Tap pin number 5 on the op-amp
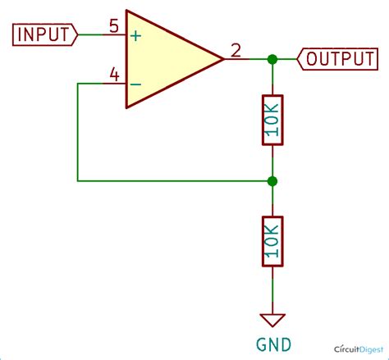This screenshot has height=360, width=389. [114, 25]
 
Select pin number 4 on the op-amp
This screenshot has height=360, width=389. [114, 75]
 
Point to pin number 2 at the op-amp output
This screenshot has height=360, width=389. [235, 51]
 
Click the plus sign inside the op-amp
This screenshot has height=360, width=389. [135, 36]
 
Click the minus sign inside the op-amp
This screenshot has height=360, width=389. [135, 84]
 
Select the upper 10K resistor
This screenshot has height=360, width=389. [272, 120]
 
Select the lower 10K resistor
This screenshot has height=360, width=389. [272, 241]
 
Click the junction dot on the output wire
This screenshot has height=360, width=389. [272, 59]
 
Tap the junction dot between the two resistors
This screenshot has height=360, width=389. [272, 180]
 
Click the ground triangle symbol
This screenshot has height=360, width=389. [272, 321]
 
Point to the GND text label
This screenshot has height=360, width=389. [272, 344]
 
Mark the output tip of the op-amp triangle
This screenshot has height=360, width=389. [222, 59]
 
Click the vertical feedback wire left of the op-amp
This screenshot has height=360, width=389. [77, 131]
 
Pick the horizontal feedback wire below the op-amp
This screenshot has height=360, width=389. [172, 180]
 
